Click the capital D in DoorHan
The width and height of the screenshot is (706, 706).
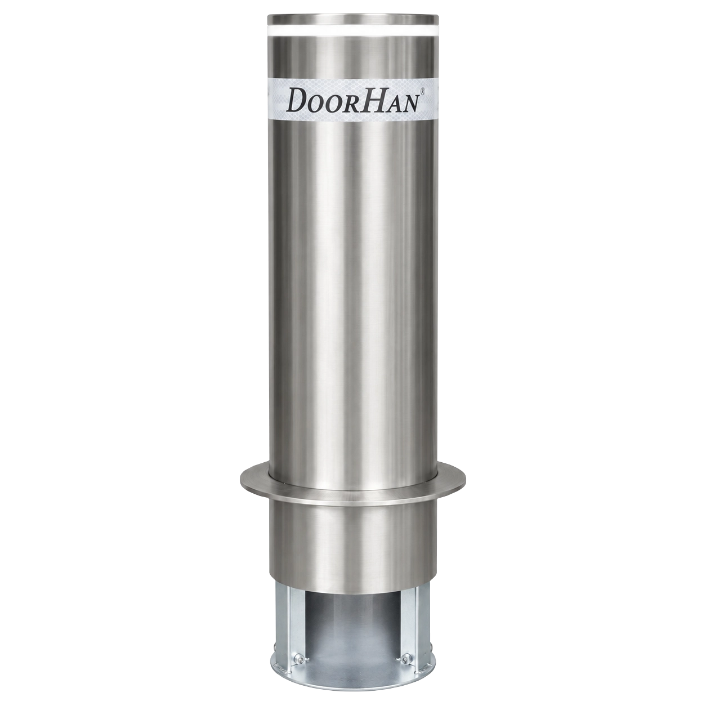point(302,99)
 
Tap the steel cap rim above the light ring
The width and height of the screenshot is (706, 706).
point(353,19)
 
